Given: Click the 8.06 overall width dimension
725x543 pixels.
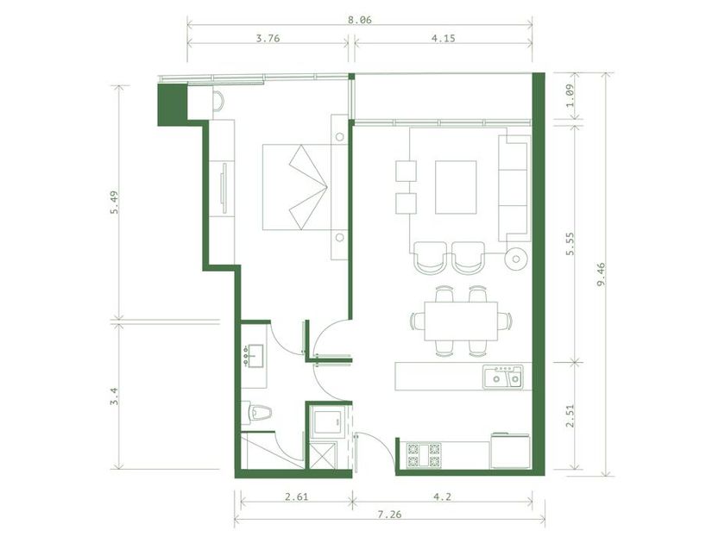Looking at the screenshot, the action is point(359,20).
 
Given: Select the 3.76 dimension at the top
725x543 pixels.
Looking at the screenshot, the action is point(268,38).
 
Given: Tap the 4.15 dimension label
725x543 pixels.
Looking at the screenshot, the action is point(443,38).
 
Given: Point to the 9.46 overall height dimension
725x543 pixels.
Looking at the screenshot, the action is point(601,274).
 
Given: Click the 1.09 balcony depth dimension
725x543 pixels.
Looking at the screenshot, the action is point(571,95).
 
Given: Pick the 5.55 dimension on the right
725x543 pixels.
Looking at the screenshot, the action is point(571,243).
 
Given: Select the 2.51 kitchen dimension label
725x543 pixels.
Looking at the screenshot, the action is point(571,415).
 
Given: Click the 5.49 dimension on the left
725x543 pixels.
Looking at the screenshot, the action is point(114,203).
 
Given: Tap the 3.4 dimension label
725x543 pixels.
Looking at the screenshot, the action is point(114,396).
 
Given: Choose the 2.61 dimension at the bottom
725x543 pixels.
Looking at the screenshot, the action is point(296,496).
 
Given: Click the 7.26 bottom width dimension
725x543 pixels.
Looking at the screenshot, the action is point(389,515).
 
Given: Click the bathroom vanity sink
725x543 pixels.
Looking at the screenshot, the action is point(254,356).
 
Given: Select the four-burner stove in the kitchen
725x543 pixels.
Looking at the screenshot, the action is point(424,455).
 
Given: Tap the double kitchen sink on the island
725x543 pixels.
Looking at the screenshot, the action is point(503,377).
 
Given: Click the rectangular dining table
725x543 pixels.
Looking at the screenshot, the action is point(461,321).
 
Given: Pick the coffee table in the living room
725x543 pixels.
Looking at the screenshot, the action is point(456,187).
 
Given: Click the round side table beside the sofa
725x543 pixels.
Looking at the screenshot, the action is point(516,259).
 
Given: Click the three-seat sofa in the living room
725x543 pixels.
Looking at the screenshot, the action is point(514,188).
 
